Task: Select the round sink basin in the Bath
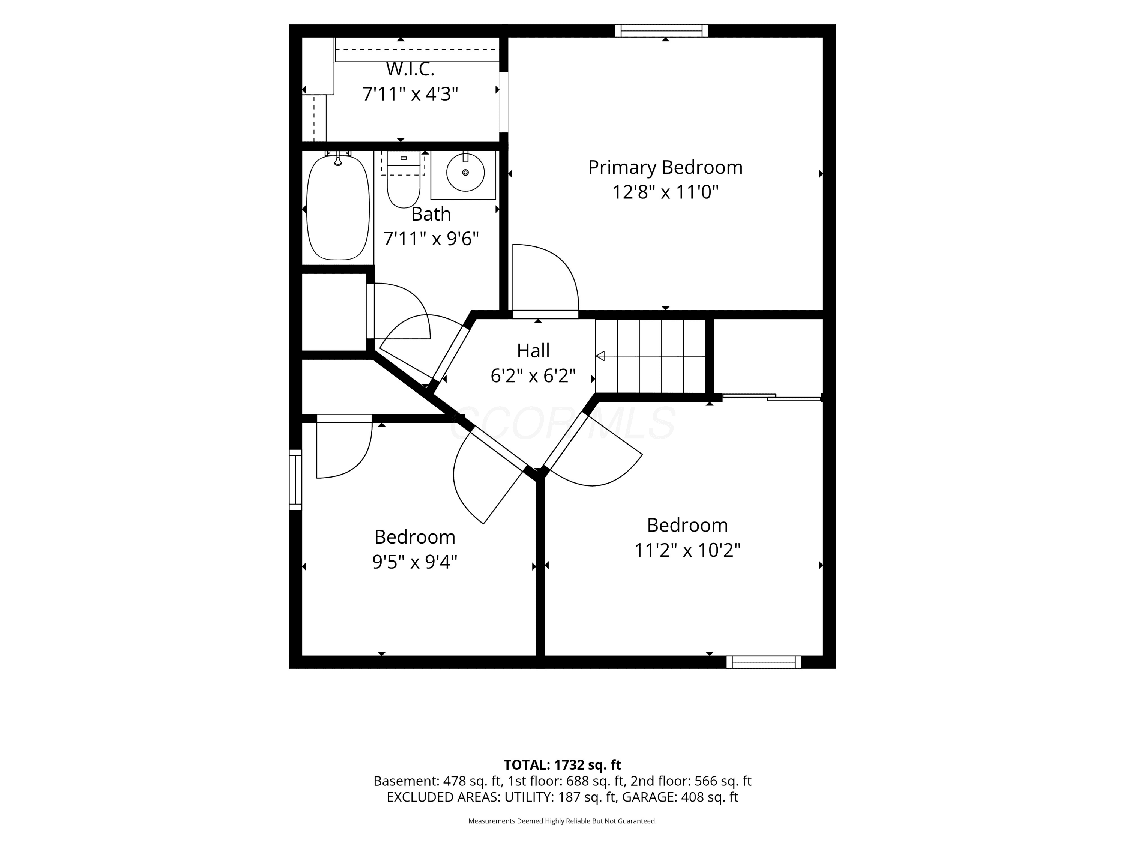coord(465,172)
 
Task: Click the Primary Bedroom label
coord(665,167)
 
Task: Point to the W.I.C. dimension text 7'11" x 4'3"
coord(410,94)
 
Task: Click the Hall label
coord(533,350)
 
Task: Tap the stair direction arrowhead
coord(600,356)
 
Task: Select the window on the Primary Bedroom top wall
coord(661,31)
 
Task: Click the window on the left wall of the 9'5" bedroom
coord(295,479)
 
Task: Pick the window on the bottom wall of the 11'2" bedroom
coord(763,662)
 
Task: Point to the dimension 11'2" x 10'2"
coord(687,550)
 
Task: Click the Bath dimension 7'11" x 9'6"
coord(431,239)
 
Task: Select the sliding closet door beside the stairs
coord(772,397)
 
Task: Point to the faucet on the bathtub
coord(338,159)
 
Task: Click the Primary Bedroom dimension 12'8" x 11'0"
coord(665,192)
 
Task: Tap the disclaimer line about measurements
coord(562,821)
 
